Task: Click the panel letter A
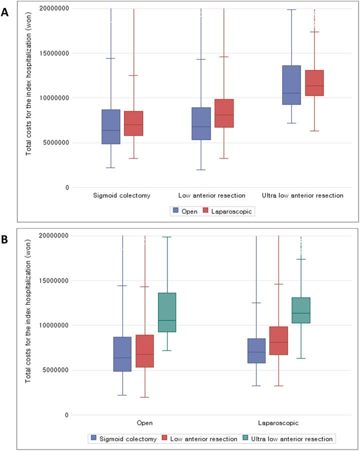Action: (5, 12)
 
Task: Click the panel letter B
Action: (5, 239)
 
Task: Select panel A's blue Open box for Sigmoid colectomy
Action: (111, 127)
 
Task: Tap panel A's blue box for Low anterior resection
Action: (201, 123)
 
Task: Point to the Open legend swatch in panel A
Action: (176, 211)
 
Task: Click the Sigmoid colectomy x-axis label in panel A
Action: (122, 195)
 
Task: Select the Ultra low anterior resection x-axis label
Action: (302, 195)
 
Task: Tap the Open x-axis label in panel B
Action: (145, 423)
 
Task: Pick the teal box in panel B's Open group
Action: (167, 312)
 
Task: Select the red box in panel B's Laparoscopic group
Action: (278, 340)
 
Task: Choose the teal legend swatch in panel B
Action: (246, 438)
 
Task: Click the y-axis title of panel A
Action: (29, 98)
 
